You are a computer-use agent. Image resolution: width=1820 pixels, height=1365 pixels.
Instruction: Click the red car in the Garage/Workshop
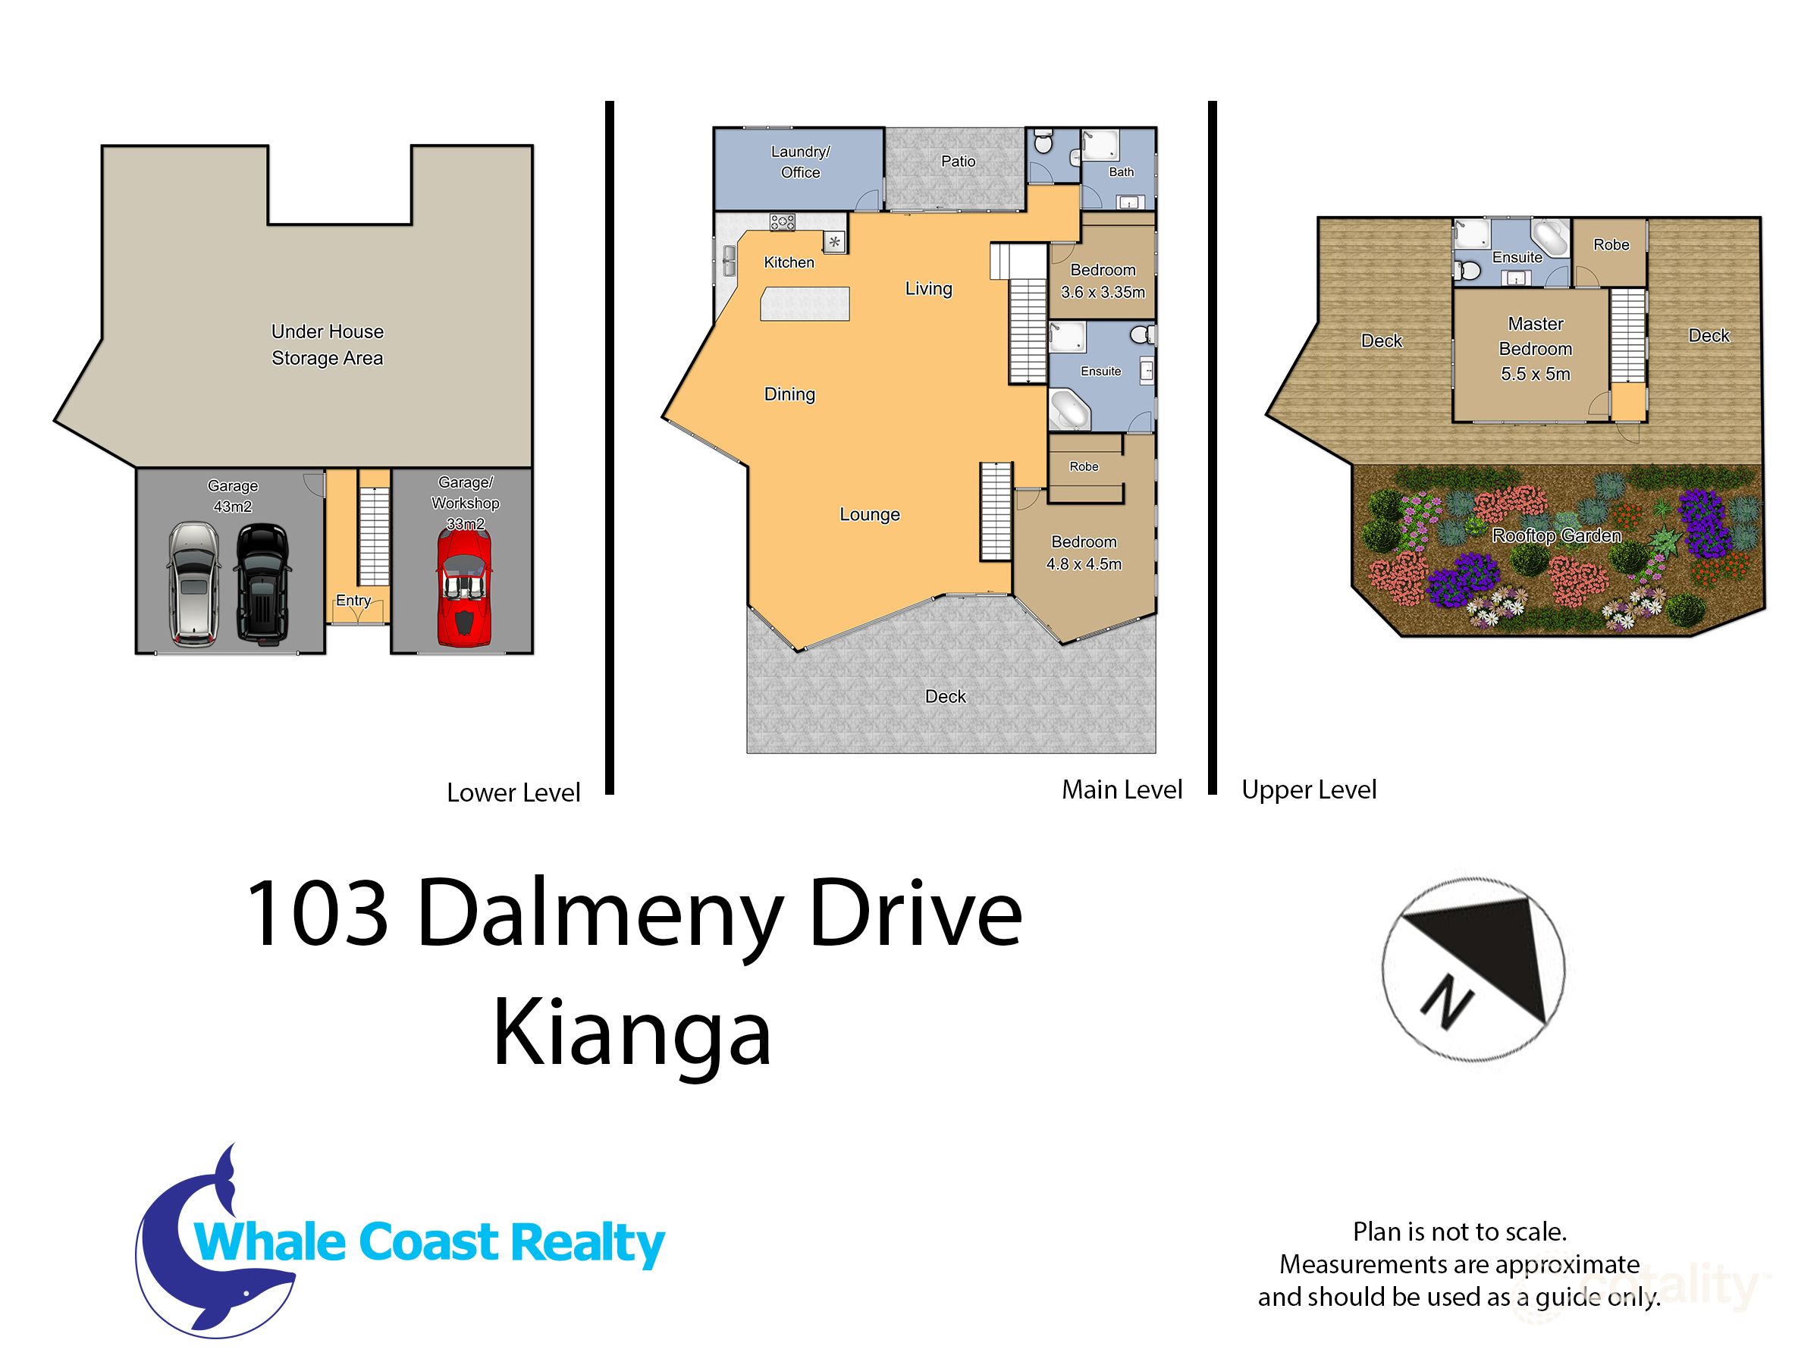pos(464,586)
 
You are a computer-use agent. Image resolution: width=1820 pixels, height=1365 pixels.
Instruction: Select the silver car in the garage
pos(193,582)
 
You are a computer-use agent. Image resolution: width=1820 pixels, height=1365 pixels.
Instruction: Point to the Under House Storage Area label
pos(328,345)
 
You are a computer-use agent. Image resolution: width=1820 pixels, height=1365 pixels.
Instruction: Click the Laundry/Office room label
pos(800,162)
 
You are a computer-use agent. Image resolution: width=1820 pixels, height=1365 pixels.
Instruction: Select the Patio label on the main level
pos(958,162)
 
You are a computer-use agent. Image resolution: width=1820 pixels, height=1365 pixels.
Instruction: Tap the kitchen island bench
pos(804,303)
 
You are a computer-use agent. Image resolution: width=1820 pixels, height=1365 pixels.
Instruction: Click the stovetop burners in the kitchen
pos(782,221)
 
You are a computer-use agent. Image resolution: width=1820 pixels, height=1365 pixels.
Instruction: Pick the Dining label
pos(789,394)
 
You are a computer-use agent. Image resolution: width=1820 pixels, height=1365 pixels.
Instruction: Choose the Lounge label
pos(869,514)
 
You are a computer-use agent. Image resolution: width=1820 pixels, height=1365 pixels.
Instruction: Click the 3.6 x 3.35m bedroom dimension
pos(1103,292)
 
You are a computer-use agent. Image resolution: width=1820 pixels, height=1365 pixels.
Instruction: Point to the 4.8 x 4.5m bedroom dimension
pos(1084,564)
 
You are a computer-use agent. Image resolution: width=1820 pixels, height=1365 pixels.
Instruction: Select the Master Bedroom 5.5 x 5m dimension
pos(1535,375)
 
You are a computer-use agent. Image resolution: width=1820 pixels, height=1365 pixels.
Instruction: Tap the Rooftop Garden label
pos(1556,535)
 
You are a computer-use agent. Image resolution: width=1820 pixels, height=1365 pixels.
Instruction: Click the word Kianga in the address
pos(631,1034)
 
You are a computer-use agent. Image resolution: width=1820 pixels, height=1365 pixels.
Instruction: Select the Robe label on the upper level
pos(1610,244)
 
